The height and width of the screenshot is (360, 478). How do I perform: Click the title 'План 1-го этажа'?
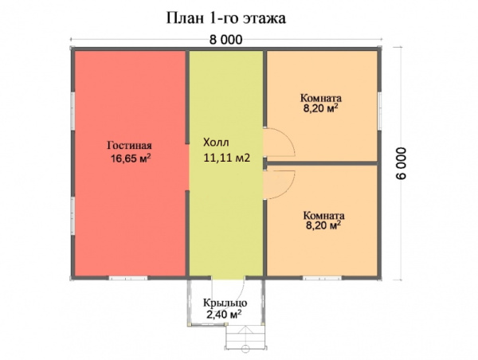tap(226, 18)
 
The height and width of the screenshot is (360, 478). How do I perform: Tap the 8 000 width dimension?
tap(226, 40)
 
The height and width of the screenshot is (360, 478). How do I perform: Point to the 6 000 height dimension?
tap(402, 163)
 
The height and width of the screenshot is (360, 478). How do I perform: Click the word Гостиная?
tap(129, 146)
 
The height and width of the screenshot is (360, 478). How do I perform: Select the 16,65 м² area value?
tap(131, 158)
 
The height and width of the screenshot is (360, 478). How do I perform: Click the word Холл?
tap(216, 143)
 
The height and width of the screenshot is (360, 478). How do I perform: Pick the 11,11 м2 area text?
tap(227, 158)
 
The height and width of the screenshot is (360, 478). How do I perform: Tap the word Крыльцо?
tap(225, 303)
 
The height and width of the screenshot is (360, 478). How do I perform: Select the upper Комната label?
tap(321, 98)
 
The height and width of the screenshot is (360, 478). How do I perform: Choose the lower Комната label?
tap(323, 216)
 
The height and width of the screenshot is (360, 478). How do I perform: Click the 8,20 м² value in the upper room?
tap(321, 108)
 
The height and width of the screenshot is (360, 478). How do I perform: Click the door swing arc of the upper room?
tap(288, 138)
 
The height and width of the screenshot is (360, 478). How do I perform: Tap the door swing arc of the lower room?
tap(288, 189)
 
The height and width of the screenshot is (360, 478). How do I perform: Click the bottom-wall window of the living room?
tap(128, 278)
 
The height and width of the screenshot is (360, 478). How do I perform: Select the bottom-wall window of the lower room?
tap(322, 278)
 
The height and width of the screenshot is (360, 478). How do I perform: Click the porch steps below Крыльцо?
tap(245, 337)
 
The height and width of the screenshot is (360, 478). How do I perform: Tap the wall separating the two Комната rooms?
tap(322, 163)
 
